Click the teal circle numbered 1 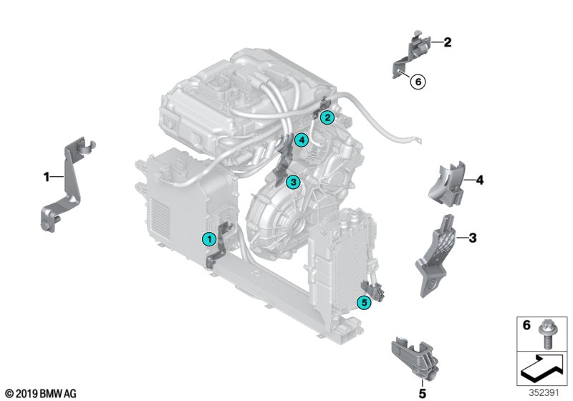coord(208,238)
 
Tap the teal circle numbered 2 coord(327,117)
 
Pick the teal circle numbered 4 coord(302,140)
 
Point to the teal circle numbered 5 coord(365,303)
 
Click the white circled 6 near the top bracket coord(418,82)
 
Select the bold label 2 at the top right coord(448,43)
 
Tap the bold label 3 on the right coord(473,237)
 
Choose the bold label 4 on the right coord(480,180)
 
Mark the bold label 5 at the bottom coord(422,392)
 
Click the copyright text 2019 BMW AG coord(40,393)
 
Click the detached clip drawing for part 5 coord(414,358)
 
